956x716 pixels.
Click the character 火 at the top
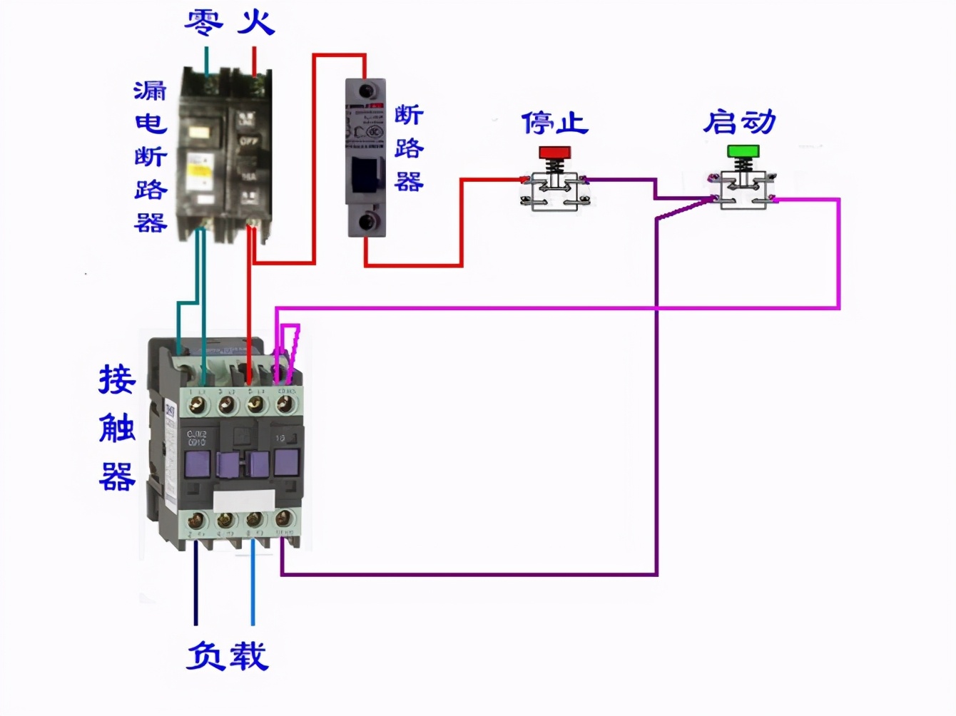tap(255, 22)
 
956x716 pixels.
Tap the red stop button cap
tap(554, 153)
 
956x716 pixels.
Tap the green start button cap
tap(743, 151)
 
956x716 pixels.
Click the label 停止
tap(554, 123)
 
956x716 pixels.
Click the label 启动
tap(740, 122)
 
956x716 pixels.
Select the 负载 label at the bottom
tap(227, 656)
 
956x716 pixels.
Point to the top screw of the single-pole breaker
tap(367, 91)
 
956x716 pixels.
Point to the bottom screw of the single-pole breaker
tap(367, 221)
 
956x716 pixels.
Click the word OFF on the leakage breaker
tap(248, 141)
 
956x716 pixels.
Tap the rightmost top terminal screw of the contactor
tap(285, 405)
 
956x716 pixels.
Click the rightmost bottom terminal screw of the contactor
tap(283, 519)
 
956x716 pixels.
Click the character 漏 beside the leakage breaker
tap(150, 91)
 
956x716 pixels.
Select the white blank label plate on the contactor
tap(245, 500)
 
